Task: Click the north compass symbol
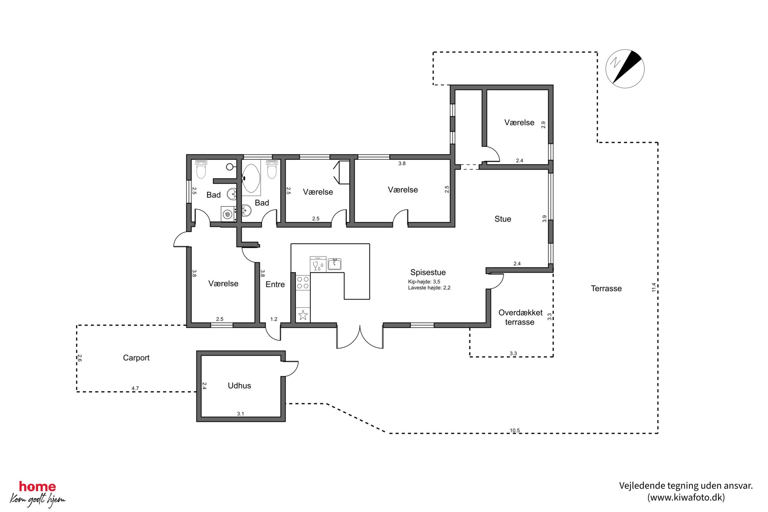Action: click(625, 69)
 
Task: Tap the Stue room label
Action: click(502, 219)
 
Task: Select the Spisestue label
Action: click(428, 272)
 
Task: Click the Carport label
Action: click(136, 358)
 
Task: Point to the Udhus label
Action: click(239, 385)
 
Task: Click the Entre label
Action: click(275, 284)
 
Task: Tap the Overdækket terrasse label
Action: click(520, 317)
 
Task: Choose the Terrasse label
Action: click(606, 288)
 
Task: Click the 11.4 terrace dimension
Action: click(654, 287)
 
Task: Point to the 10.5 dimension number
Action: click(515, 430)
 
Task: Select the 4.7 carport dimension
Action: click(135, 388)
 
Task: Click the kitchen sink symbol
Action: click(334, 264)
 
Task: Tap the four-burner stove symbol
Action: click(303, 283)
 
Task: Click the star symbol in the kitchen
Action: click(303, 315)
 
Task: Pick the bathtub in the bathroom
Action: click(251, 178)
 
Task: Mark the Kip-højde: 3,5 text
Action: click(424, 282)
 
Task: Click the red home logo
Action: click(38, 486)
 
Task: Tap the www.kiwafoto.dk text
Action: click(686, 497)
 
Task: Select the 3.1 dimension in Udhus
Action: click(240, 414)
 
